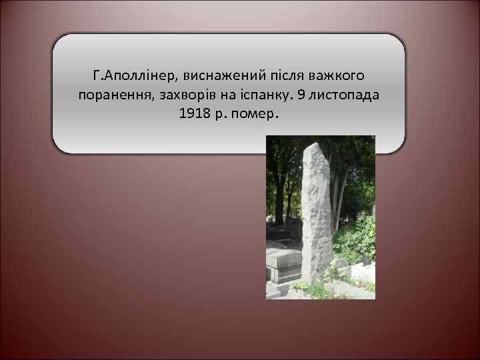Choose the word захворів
tap(189, 94)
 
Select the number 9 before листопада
tap(301, 94)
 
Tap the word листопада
tap(345, 94)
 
